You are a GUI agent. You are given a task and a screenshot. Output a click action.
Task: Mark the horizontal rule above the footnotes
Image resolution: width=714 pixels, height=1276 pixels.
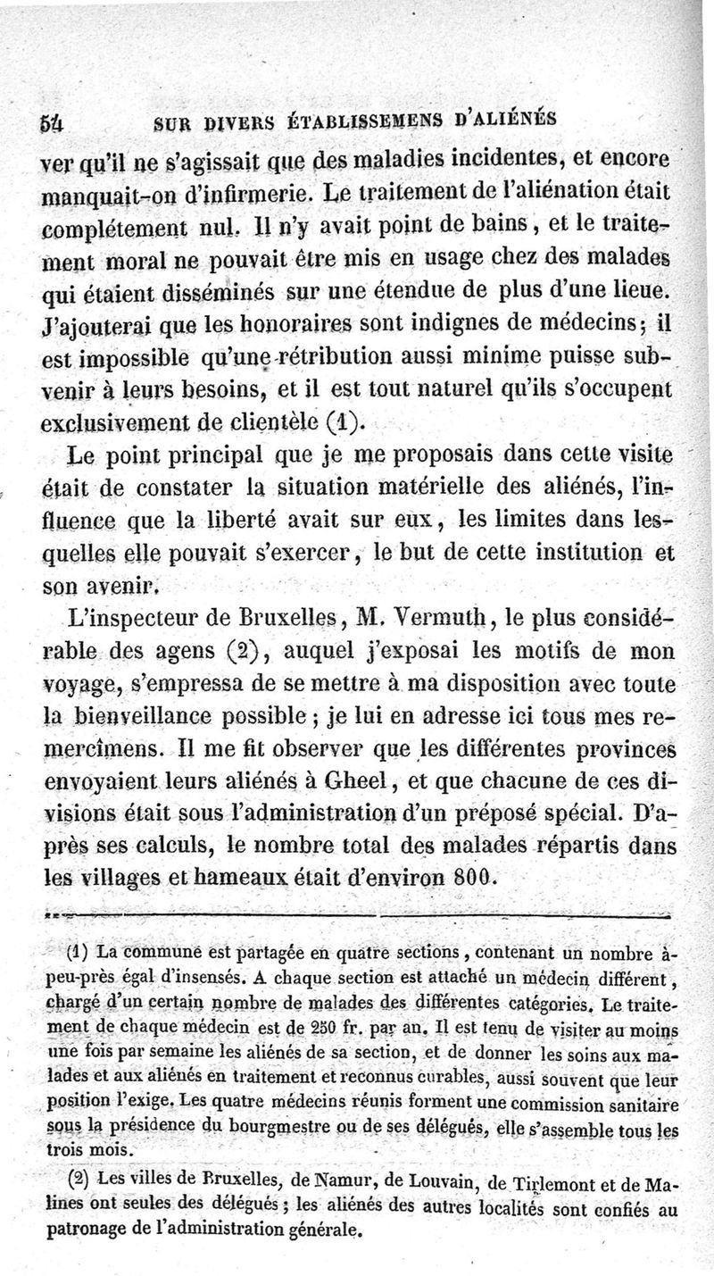[x=356, y=916]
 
